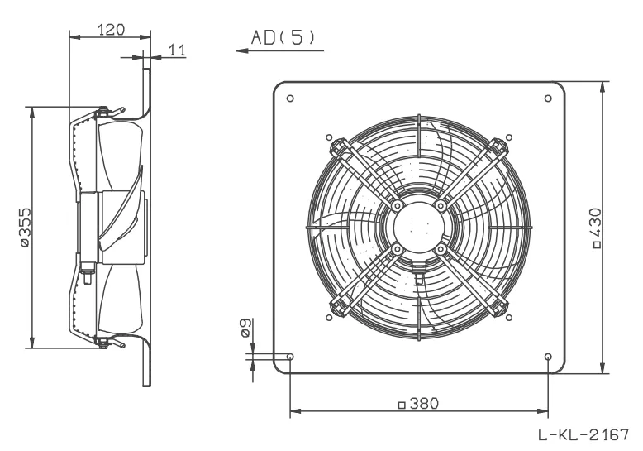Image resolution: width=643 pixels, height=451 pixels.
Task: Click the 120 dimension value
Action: click(111, 30)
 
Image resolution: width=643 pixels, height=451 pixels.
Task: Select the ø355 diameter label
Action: click(25, 227)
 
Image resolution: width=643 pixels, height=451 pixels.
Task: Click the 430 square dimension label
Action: click(597, 228)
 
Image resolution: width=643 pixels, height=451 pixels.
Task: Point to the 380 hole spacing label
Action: click(419, 404)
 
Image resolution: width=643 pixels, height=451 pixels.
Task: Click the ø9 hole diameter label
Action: click(245, 328)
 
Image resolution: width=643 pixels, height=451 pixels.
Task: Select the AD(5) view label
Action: click(283, 38)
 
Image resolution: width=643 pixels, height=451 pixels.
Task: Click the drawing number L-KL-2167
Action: click(583, 434)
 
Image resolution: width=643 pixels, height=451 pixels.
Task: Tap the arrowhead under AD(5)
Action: click(242, 51)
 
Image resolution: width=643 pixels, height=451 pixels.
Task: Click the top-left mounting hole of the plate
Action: click(290, 98)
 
